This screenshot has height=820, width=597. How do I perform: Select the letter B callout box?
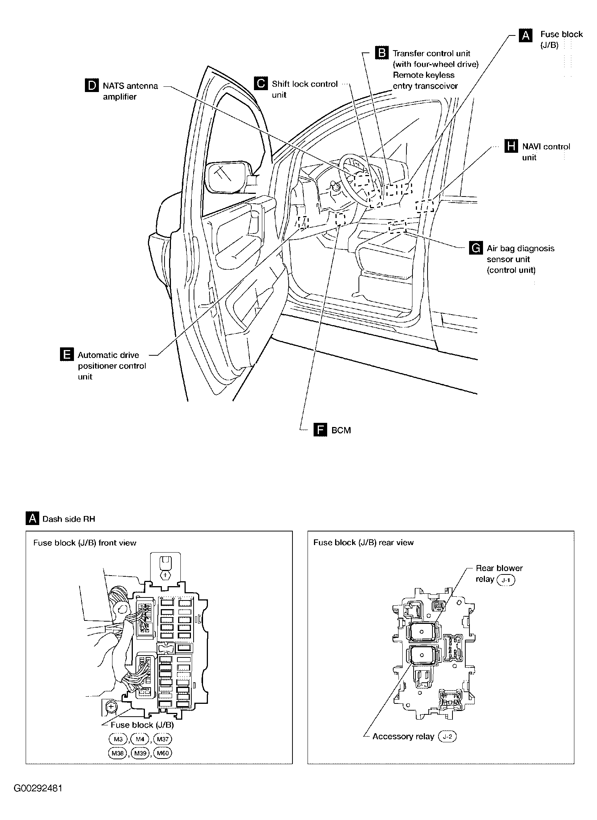(382, 53)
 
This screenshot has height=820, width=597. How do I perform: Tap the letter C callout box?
(260, 83)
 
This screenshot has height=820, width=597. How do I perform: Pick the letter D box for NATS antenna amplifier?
(91, 86)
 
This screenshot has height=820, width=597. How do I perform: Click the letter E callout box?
(66, 355)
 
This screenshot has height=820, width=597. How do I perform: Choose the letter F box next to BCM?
(320, 430)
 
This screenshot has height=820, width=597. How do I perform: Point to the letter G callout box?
(475, 248)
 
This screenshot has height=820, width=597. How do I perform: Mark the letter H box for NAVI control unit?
(511, 146)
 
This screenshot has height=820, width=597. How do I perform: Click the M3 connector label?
(118, 739)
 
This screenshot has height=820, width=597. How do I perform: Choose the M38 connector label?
(118, 753)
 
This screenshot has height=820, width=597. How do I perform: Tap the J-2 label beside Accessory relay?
(447, 737)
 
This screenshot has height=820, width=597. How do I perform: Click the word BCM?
(341, 430)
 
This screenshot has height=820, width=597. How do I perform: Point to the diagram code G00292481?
(38, 789)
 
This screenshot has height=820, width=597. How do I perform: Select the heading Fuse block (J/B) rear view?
(363, 542)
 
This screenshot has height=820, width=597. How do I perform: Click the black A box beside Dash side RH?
(32, 519)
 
